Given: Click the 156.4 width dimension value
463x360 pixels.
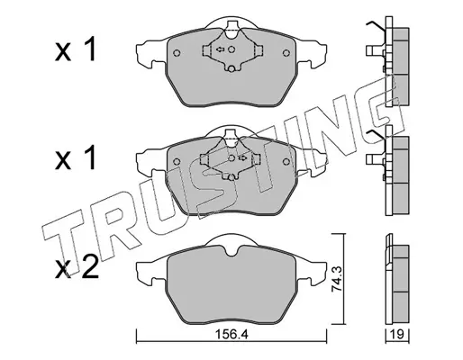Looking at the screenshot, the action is tap(231, 334).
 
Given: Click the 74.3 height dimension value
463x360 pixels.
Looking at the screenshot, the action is tap(336, 279).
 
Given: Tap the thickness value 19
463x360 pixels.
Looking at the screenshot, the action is tap(397, 334).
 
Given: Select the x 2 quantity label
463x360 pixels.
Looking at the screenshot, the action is tap(77, 268).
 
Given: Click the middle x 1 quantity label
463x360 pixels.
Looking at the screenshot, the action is tap(75, 157).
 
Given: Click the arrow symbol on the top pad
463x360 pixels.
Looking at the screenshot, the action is tap(221, 49).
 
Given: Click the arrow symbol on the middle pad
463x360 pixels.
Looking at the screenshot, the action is tap(242, 157).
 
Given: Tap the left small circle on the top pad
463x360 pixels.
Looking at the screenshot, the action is tap(177, 53).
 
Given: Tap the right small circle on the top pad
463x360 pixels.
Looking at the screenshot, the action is tap(286, 53).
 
